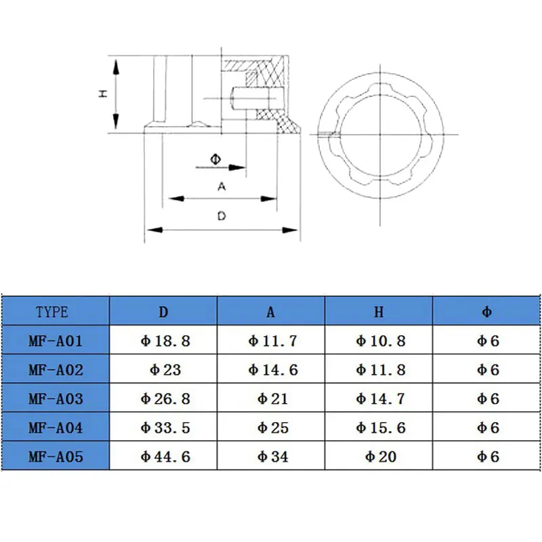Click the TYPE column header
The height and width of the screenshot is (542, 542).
tap(52, 312)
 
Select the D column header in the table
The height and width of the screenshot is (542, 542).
tap(163, 312)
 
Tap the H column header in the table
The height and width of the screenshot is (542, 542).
tap(379, 312)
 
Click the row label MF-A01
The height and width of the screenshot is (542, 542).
tap(56, 341)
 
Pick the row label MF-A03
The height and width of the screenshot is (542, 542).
tap(56, 398)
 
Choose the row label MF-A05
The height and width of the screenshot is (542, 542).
tap(56, 457)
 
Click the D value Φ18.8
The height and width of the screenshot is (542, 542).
tap(164, 341)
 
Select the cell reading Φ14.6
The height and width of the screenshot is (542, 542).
tap(272, 370)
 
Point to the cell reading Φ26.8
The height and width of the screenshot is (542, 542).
tap(164, 398)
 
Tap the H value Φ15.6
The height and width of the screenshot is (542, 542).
tap(380, 428)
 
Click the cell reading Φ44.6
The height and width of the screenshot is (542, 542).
tap(164, 457)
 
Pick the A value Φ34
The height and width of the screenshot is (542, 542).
tap(272, 457)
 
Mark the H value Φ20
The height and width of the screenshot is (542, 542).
tap(380, 457)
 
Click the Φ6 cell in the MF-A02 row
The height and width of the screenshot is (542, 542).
tap(487, 370)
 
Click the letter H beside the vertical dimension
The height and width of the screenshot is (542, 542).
tap(103, 94)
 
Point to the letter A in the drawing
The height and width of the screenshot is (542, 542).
tap(221, 186)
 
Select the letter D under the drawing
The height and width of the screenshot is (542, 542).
tap(221, 216)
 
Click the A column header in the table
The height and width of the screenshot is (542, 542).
tap(271, 312)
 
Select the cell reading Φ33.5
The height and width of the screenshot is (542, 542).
tap(164, 428)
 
